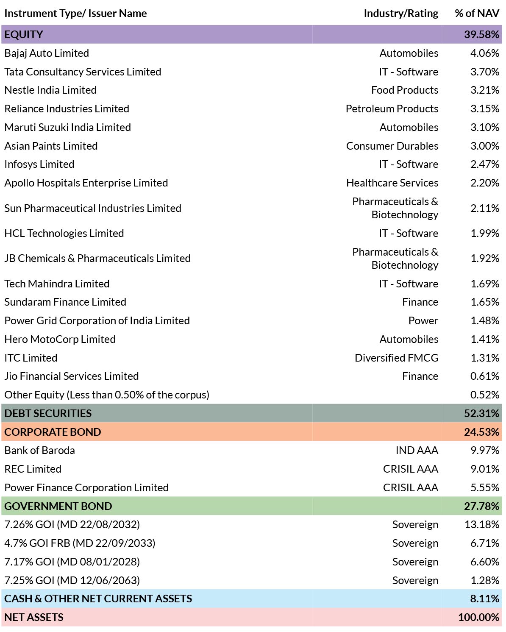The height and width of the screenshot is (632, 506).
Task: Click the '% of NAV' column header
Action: (477, 13)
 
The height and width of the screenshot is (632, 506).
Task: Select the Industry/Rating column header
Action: (401, 14)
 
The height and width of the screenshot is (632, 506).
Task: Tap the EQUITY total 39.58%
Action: (481, 34)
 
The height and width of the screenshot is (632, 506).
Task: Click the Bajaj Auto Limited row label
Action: (46, 53)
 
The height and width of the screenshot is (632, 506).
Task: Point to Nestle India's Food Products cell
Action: (404, 90)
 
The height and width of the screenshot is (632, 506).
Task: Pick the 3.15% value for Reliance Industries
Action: (484, 109)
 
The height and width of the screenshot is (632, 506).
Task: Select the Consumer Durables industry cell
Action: (392, 146)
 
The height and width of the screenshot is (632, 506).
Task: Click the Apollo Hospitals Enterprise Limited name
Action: (86, 183)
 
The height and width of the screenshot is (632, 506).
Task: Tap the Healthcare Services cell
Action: (392, 183)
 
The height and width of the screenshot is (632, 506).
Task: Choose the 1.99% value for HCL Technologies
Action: (484, 234)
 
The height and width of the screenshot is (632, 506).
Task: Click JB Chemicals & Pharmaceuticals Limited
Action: (97, 259)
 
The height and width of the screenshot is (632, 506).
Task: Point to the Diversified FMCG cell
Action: (396, 358)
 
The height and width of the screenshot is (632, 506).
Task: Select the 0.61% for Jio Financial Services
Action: (484, 376)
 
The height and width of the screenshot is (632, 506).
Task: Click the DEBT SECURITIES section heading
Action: (48, 414)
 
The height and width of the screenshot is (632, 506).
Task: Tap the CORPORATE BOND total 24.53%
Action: (481, 432)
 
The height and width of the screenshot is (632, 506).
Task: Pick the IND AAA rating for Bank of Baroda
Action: (417, 451)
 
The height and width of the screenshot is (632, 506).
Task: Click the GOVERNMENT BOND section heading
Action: (58, 506)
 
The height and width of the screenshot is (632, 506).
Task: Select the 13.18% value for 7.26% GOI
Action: (481, 525)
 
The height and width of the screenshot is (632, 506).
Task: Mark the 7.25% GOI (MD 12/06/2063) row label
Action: (72, 581)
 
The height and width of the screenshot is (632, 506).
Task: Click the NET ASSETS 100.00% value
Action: (478, 617)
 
